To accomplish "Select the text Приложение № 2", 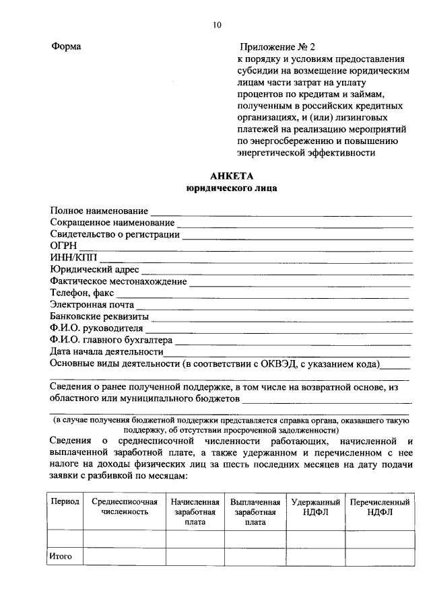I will [x=277, y=47].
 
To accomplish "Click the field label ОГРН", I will [x=64, y=247].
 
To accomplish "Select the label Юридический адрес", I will [x=95, y=270].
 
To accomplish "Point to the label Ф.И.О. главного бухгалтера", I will [x=111, y=340].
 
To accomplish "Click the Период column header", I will [x=65, y=502].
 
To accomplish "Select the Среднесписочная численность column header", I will [x=125, y=507].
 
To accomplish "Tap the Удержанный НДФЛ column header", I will [x=314, y=507].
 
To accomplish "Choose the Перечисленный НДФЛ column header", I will [x=379, y=507].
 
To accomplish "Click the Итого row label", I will [x=61, y=557].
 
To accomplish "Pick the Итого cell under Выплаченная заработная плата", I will [x=255, y=557].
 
